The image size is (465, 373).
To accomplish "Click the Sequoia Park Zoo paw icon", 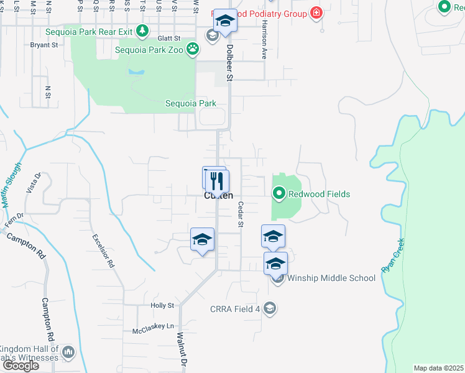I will (193, 48).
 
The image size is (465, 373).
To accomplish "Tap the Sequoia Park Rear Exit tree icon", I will (143, 30).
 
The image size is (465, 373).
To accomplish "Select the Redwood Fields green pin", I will (279, 194).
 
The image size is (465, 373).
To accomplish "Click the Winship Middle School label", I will (331, 278).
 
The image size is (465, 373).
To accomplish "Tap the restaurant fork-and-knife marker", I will (217, 181).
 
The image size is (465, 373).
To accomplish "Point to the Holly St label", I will (162, 305).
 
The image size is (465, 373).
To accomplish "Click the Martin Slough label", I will (11, 185).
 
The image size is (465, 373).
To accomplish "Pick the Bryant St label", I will (44, 45).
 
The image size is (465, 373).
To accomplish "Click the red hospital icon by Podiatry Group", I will (317, 12).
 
